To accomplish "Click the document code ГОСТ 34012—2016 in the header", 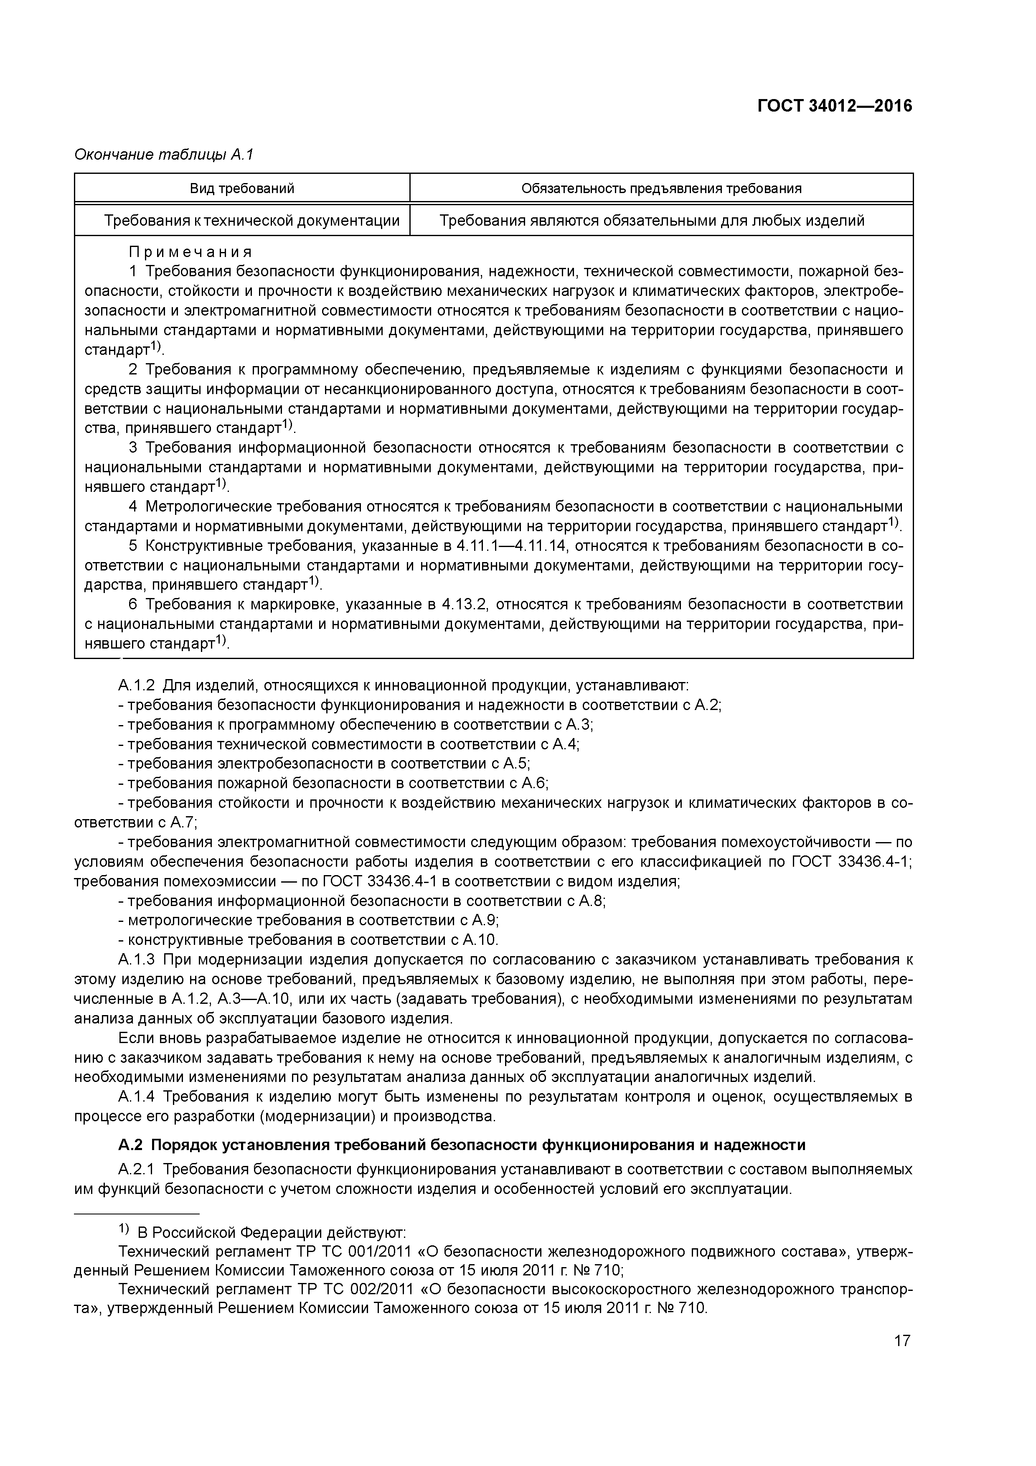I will click(x=834, y=106).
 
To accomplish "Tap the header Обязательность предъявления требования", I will click(x=661, y=188).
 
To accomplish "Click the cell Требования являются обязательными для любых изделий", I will click(x=652, y=221).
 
